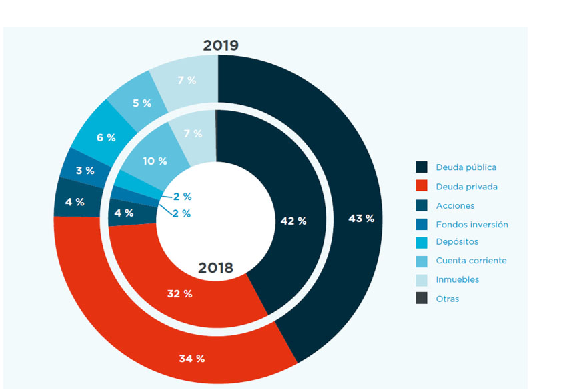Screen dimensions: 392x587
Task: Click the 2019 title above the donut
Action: pos(221,45)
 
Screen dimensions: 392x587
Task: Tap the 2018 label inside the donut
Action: pos(215,268)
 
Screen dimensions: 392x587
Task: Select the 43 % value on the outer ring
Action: pos(361,218)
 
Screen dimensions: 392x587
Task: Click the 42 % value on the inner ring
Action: pos(293,221)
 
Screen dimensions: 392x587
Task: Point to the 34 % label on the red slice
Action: pos(191,359)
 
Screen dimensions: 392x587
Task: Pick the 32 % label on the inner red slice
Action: pos(179,293)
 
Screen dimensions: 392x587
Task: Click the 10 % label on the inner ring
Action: pos(155,161)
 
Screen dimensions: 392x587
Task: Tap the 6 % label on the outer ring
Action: pos(106,137)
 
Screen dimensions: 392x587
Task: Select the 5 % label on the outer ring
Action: pos(141,103)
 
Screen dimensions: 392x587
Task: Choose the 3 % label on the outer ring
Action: pos(85,171)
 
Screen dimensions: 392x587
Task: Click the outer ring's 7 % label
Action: pos(187,80)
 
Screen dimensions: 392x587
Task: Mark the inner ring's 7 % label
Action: pos(193,133)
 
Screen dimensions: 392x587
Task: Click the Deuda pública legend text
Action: pos(466,167)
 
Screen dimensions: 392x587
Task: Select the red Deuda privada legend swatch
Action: pos(422,187)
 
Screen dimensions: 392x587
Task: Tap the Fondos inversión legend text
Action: pos(472,225)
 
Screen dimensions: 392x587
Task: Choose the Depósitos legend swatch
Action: pos(422,242)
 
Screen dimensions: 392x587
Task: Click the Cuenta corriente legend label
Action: pos(471,261)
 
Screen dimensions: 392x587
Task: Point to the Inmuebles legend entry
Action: pos(457,280)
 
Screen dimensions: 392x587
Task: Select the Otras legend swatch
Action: pos(422,299)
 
